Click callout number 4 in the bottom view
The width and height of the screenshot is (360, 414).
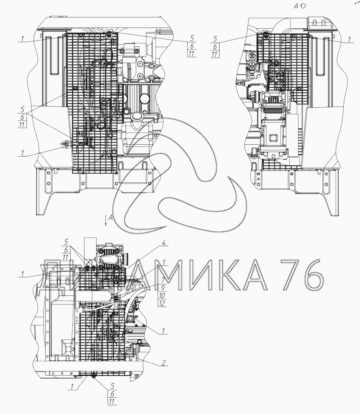tap(163, 243)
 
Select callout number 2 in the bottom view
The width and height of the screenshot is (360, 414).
tap(163, 363)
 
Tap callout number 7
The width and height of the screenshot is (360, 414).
tap(163, 280)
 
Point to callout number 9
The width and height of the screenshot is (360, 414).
tap(163, 287)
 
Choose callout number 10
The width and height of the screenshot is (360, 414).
tap(162, 295)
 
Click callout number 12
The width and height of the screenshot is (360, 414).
tap(162, 303)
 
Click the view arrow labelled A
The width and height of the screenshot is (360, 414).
tap(106, 220)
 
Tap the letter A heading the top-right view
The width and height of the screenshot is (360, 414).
tap(297, 6)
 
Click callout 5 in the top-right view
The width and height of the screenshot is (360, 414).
tap(215, 39)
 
